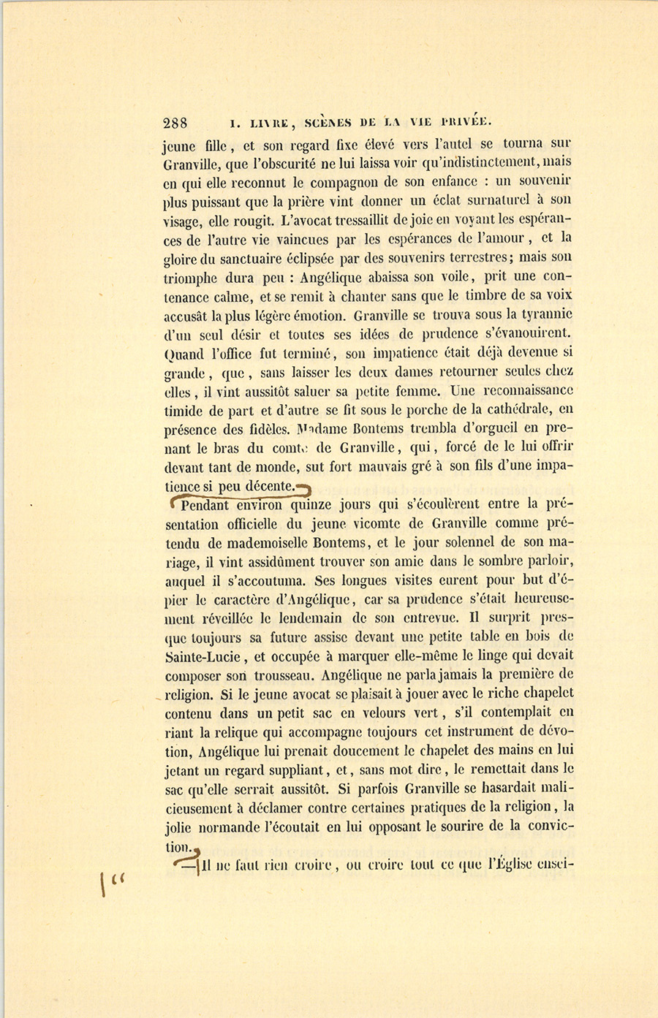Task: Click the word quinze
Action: click(311, 504)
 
